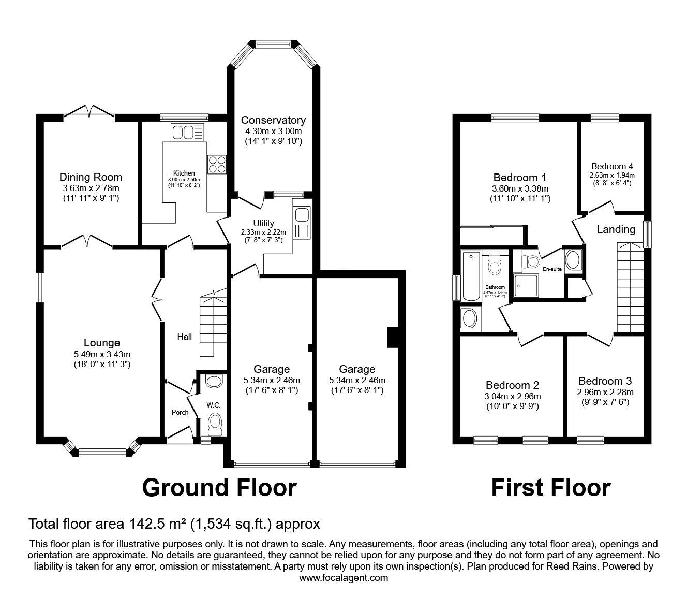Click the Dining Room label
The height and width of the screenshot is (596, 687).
click(x=91, y=177)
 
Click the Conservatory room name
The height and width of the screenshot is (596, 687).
click(x=273, y=120)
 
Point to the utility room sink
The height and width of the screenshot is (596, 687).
click(x=300, y=223)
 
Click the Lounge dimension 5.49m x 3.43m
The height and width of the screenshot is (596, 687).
click(x=101, y=354)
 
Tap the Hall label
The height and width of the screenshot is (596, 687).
click(x=185, y=337)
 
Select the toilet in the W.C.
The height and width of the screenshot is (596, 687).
click(x=214, y=424)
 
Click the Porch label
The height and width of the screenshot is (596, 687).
click(x=180, y=412)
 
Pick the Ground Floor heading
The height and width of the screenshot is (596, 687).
click(x=219, y=488)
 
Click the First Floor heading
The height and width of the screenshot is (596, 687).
click(x=550, y=488)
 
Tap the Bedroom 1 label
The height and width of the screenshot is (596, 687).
click(x=519, y=178)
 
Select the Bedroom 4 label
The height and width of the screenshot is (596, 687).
click(x=612, y=166)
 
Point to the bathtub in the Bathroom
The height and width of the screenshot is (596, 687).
click(x=471, y=276)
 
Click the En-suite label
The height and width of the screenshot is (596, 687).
click(x=552, y=269)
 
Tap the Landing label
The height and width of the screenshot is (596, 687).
click(x=616, y=229)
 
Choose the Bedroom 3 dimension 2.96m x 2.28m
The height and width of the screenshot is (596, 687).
click(x=605, y=392)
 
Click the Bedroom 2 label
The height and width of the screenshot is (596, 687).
click(x=512, y=385)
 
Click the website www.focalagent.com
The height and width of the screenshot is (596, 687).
click(x=343, y=578)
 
